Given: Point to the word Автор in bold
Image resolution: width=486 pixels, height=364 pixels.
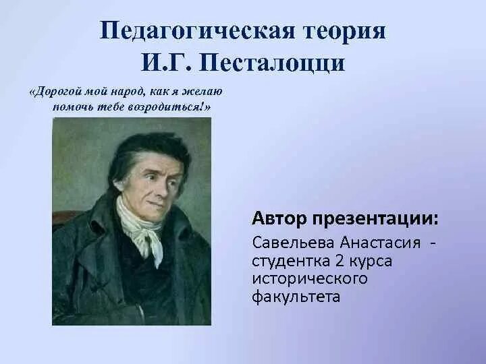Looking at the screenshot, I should [x=279, y=218].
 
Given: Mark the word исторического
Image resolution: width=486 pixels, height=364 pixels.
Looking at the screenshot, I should [x=300, y=278].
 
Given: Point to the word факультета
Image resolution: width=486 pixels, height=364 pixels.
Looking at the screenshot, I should [x=296, y=295].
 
